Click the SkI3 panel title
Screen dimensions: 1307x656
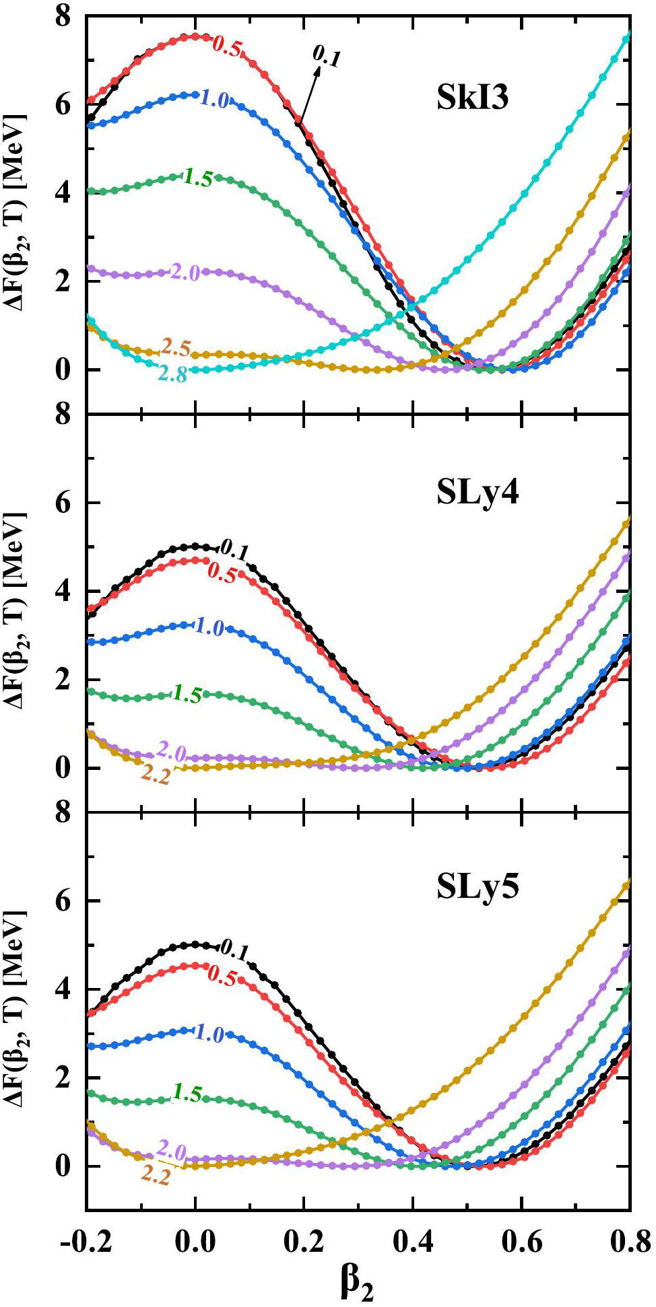click(x=472, y=98)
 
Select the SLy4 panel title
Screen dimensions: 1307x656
click(x=478, y=494)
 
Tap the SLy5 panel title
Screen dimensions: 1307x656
click(x=478, y=888)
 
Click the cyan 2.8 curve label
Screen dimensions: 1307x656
click(x=172, y=374)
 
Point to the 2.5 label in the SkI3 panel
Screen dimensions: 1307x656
click(x=176, y=348)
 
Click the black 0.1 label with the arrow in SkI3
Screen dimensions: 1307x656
click(x=327, y=57)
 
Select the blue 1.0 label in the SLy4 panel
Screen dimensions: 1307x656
click(x=209, y=627)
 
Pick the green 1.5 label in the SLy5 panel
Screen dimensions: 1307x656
click(x=187, y=1093)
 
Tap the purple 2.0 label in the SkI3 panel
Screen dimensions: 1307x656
click(x=185, y=273)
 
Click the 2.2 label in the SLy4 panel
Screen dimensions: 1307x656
click(x=156, y=776)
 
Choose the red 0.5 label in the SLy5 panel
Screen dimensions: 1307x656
click(x=222, y=975)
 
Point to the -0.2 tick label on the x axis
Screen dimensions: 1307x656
click(x=86, y=1242)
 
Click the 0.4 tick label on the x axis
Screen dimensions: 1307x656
click(x=412, y=1242)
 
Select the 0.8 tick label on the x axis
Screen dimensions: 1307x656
click(x=630, y=1242)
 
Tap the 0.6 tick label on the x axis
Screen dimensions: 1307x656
click(x=521, y=1242)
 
